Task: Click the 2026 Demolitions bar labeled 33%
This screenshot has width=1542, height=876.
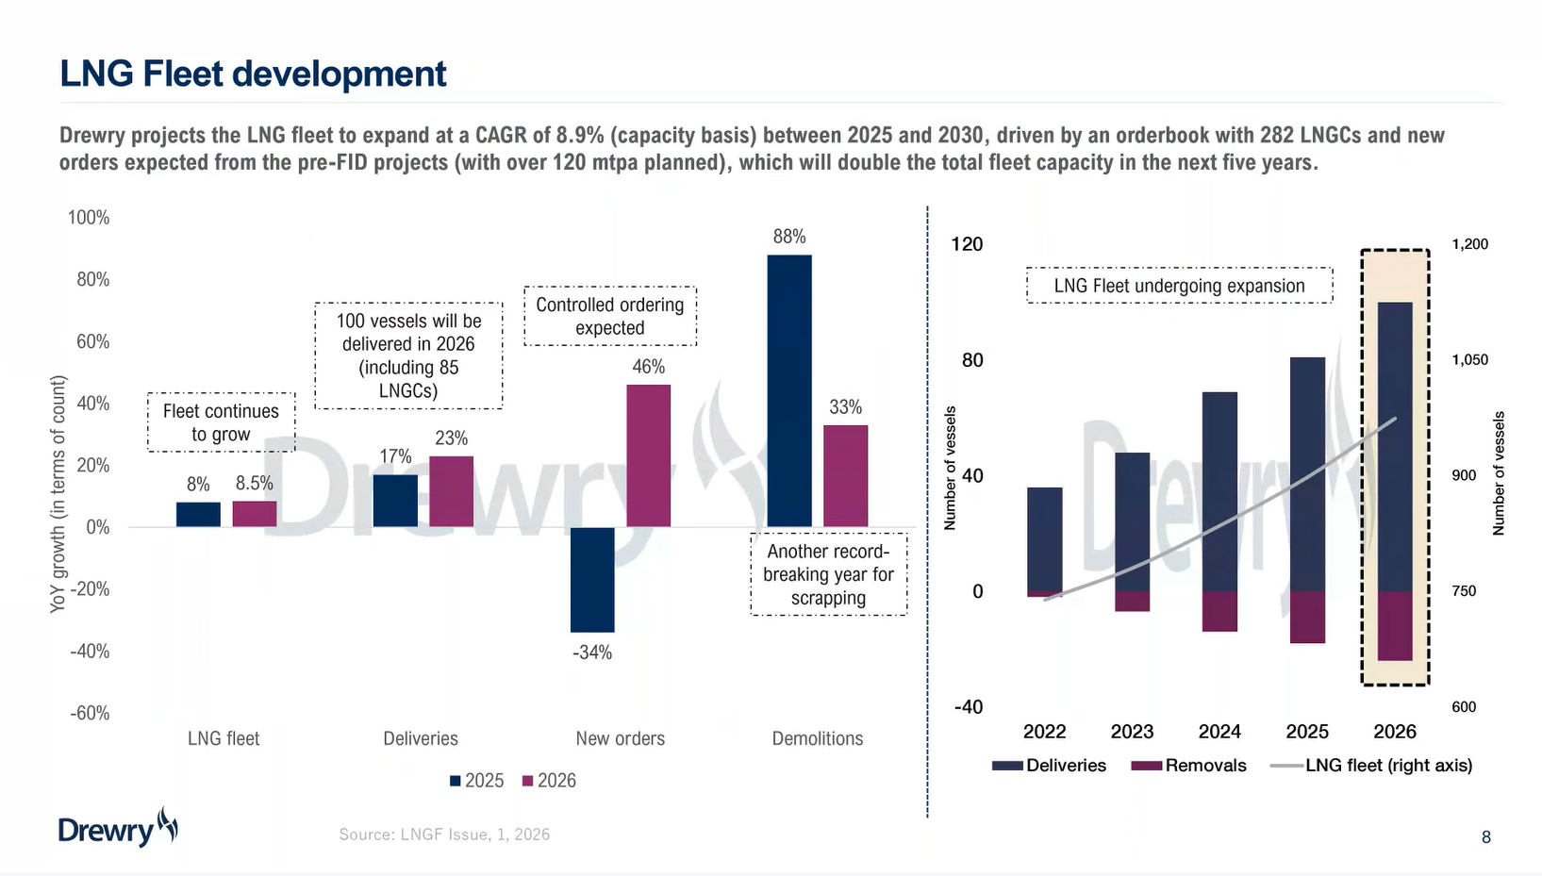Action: [845, 475]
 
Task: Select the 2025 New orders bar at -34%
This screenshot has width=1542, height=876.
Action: [592, 579]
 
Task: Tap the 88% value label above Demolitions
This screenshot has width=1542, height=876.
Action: [789, 237]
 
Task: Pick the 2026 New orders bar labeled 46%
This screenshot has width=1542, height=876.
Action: [649, 455]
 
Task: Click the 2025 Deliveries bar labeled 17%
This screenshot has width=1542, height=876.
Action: [395, 500]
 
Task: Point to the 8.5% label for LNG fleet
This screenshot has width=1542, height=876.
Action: [255, 484]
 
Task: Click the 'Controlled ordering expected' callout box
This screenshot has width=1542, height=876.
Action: [610, 316]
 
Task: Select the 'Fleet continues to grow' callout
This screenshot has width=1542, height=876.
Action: [221, 422]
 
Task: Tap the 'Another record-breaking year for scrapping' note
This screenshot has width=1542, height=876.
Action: [828, 574]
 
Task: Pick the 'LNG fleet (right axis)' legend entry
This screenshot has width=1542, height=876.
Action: [1372, 766]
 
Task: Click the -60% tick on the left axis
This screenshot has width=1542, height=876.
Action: [90, 713]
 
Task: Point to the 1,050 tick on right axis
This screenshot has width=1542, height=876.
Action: [1469, 359]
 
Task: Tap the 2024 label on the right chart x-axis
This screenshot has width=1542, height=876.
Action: [1219, 732]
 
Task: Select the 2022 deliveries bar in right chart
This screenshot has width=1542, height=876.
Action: [1044, 539]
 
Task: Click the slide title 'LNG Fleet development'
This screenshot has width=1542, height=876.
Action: [253, 74]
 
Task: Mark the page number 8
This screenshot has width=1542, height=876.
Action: [1486, 837]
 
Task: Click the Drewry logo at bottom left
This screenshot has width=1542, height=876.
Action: [118, 828]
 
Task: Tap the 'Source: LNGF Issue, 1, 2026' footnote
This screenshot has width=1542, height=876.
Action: [444, 835]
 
